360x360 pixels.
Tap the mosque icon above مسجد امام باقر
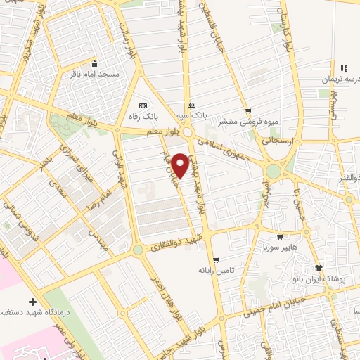tap(95, 63)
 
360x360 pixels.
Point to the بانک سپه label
tap(191, 115)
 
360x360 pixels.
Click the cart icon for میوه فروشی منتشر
tap(247, 110)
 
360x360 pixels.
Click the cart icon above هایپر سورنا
tap(281, 237)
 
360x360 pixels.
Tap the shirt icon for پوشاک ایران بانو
tap(319, 268)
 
